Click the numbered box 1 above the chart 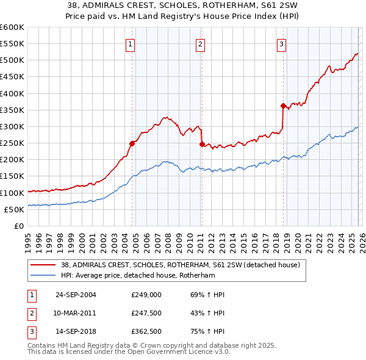pyautogui.click(x=131, y=43)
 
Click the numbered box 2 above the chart pyautogui.click(x=200, y=43)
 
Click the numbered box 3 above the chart pyautogui.click(x=281, y=43)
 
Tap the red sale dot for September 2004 pyautogui.click(x=132, y=144)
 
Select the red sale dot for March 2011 pyautogui.click(x=201, y=144)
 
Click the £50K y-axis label pyautogui.click(x=14, y=209)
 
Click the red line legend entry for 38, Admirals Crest pyautogui.click(x=179, y=265)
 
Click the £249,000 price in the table pyautogui.click(x=146, y=295)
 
